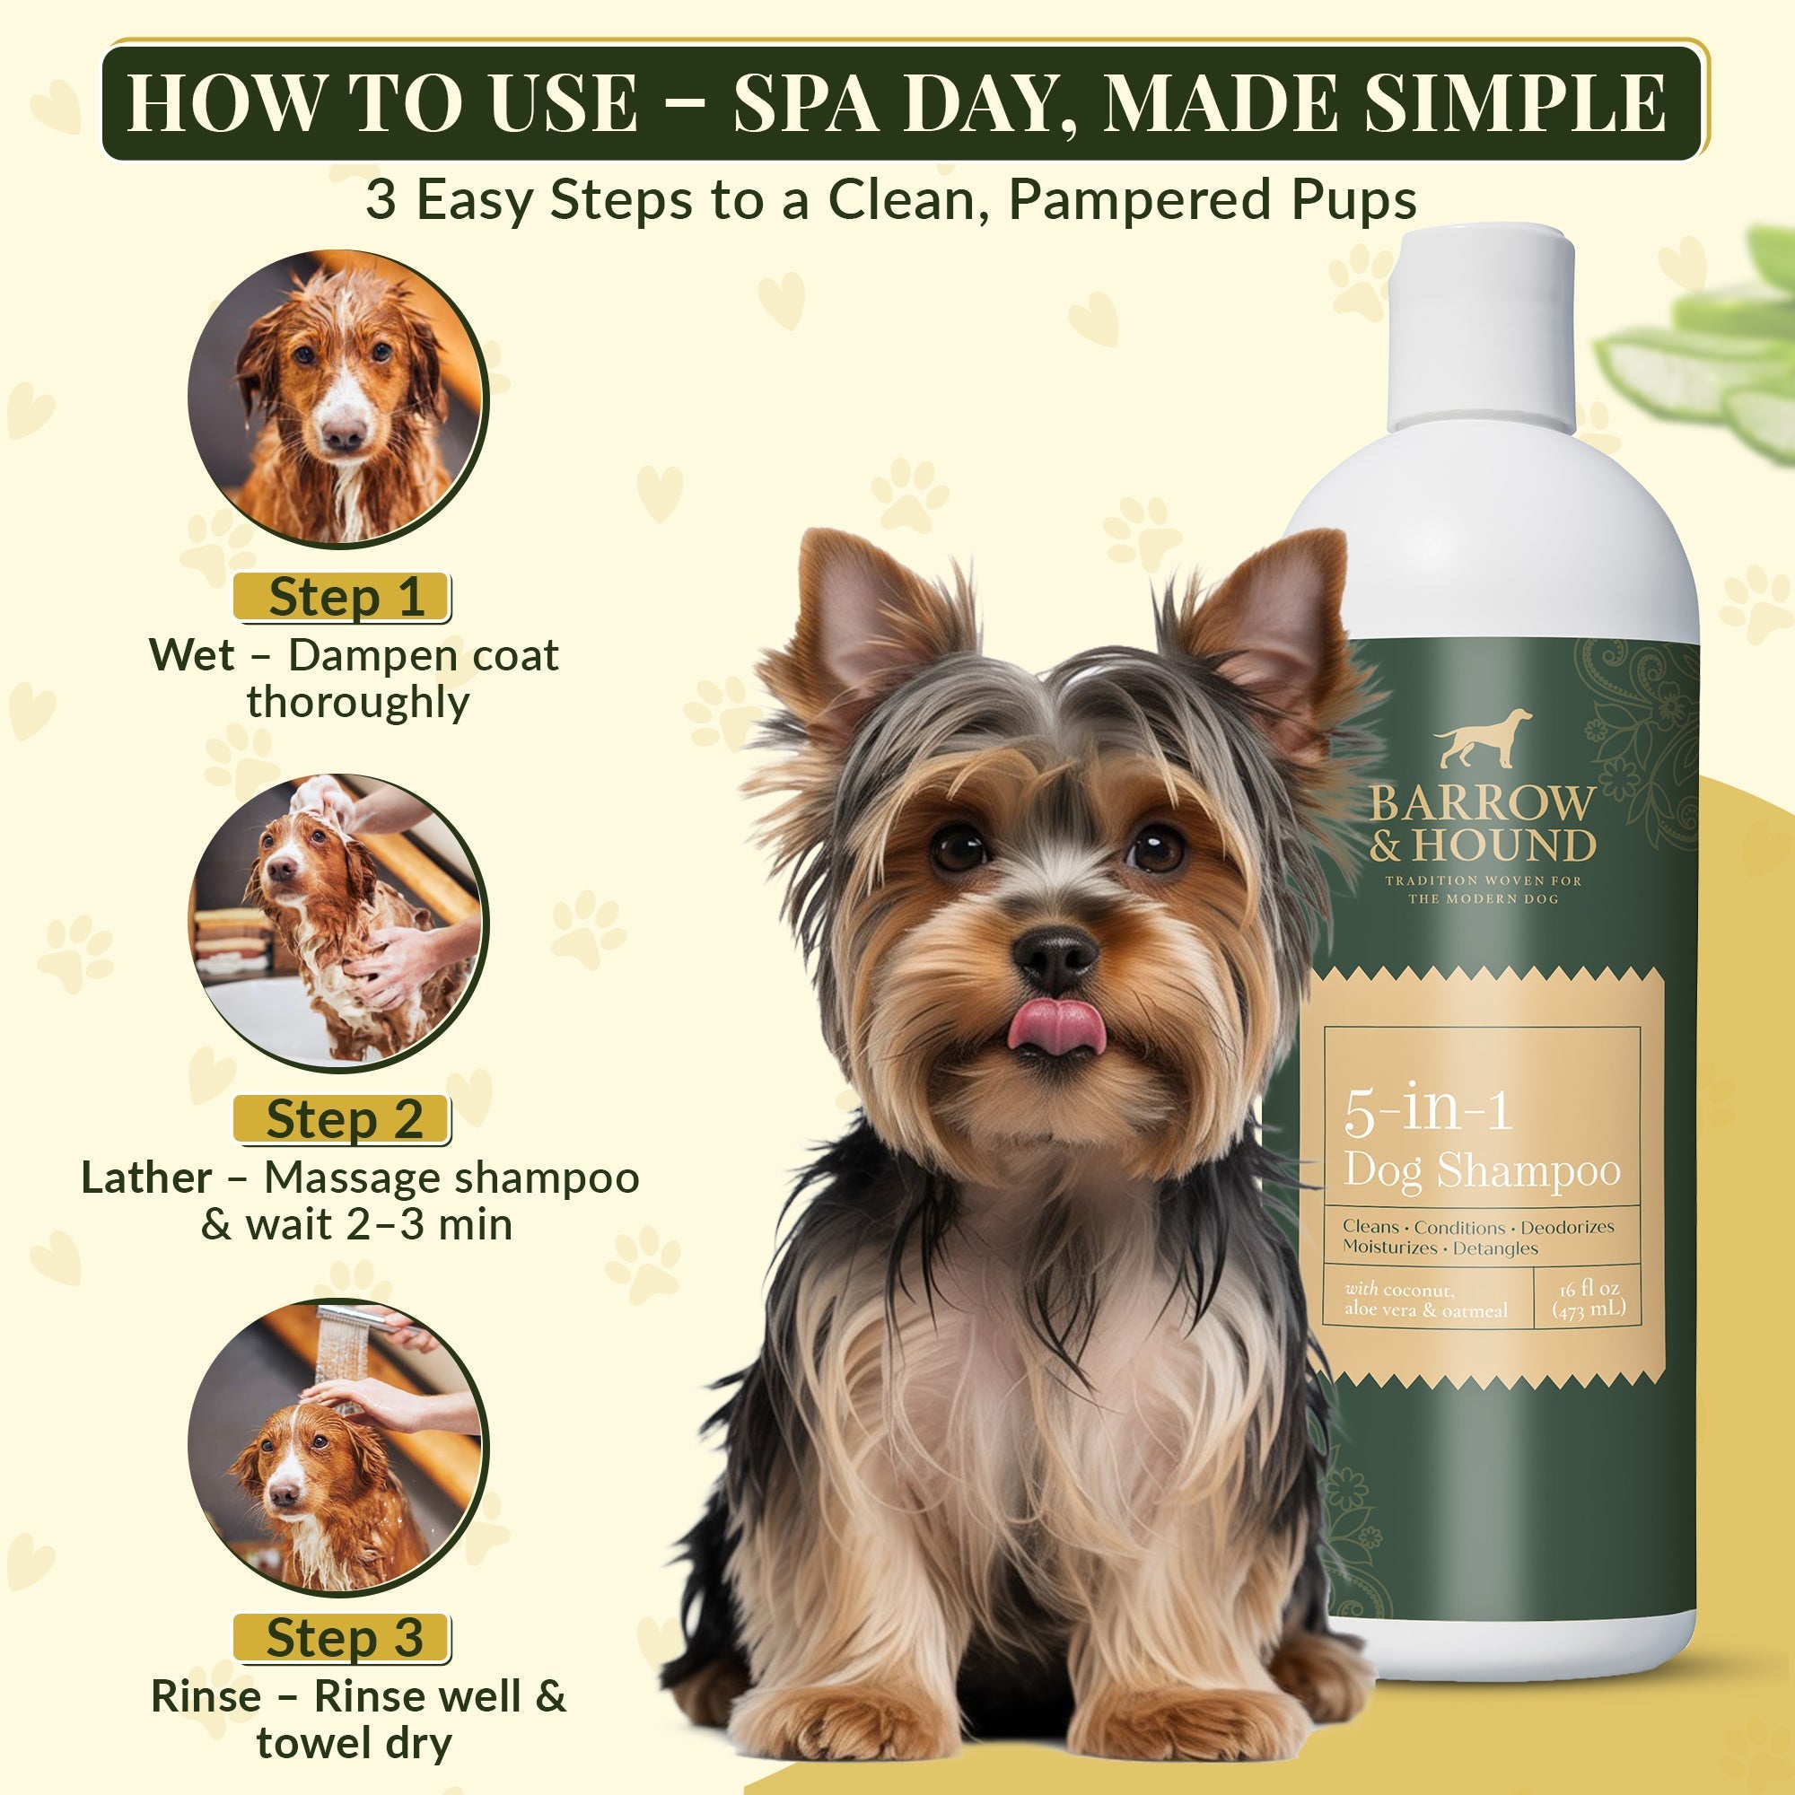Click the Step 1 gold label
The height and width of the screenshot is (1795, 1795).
[x=342, y=597]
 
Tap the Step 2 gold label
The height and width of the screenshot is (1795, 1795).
[x=342, y=1118]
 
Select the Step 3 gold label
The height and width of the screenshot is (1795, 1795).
[x=342, y=1637]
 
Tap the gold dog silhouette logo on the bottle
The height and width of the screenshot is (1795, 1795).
[x=1482, y=739]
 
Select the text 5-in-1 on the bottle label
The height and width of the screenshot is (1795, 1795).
[x=1428, y=1109]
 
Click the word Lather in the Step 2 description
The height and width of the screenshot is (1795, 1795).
[x=147, y=1178]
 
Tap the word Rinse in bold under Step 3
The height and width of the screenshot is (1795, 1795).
[x=206, y=1696]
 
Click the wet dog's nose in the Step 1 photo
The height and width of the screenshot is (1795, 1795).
[x=344, y=433]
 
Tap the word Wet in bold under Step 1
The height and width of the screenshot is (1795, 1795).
[x=191, y=655]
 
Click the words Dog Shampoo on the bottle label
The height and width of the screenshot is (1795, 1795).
[x=1482, y=1170]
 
